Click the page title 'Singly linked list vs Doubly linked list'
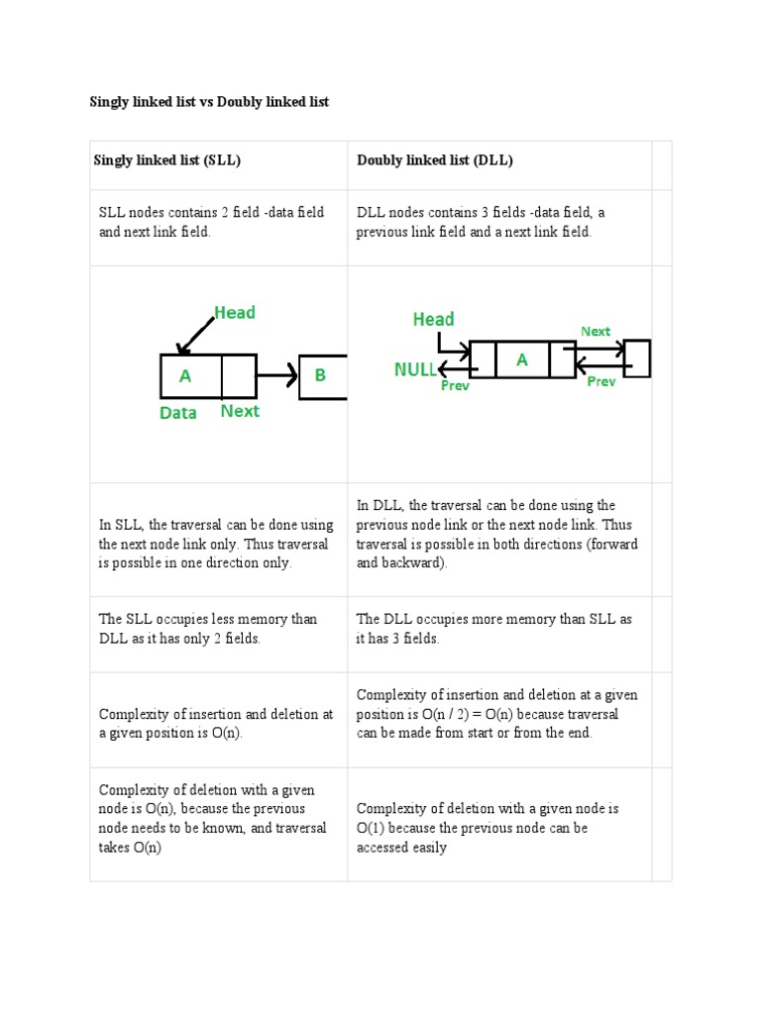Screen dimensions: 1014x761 click(x=209, y=102)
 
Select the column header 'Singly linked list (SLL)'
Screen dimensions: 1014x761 click(x=167, y=160)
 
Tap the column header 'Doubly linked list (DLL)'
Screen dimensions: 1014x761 click(x=435, y=160)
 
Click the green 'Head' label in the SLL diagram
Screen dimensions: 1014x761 click(x=235, y=313)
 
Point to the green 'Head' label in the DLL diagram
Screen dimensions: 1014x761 click(x=433, y=319)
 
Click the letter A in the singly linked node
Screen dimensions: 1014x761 click(x=185, y=376)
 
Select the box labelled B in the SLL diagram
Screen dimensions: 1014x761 click(x=321, y=376)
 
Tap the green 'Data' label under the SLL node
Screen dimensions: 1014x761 click(x=178, y=413)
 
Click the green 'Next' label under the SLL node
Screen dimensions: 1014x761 click(x=240, y=411)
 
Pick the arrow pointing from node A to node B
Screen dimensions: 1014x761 click(x=276, y=376)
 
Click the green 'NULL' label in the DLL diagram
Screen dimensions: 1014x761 click(x=415, y=369)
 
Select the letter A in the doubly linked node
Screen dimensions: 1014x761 click(x=522, y=360)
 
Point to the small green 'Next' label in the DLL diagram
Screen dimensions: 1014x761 click(x=596, y=332)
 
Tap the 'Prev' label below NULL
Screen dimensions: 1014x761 click(x=455, y=386)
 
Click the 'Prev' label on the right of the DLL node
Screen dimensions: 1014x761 click(x=601, y=381)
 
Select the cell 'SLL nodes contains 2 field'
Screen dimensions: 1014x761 click(x=211, y=222)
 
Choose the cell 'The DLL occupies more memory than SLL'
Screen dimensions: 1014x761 click(x=493, y=629)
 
